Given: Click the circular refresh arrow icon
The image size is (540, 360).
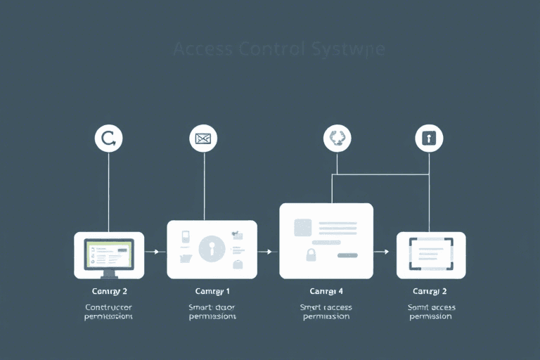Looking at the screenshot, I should (x=108, y=139).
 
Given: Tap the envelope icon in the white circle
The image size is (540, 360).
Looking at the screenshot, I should (x=203, y=139).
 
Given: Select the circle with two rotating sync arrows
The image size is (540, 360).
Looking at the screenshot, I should (x=337, y=139).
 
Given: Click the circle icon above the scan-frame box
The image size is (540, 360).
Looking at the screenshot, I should (x=428, y=138).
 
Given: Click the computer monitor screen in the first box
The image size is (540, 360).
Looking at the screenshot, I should (x=108, y=252).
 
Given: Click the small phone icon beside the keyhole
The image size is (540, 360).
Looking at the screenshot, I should (x=185, y=237).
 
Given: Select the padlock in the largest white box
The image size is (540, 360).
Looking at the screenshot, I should (x=309, y=253).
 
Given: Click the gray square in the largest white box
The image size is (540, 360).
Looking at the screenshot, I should (x=303, y=227).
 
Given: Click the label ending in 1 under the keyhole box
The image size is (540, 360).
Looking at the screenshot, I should (x=212, y=291).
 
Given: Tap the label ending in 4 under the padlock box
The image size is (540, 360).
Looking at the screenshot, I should (x=326, y=291).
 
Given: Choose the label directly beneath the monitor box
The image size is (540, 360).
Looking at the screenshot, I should (x=109, y=291).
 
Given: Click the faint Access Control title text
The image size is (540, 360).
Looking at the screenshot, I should (x=278, y=50).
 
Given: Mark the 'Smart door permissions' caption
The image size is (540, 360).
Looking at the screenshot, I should (x=212, y=311).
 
